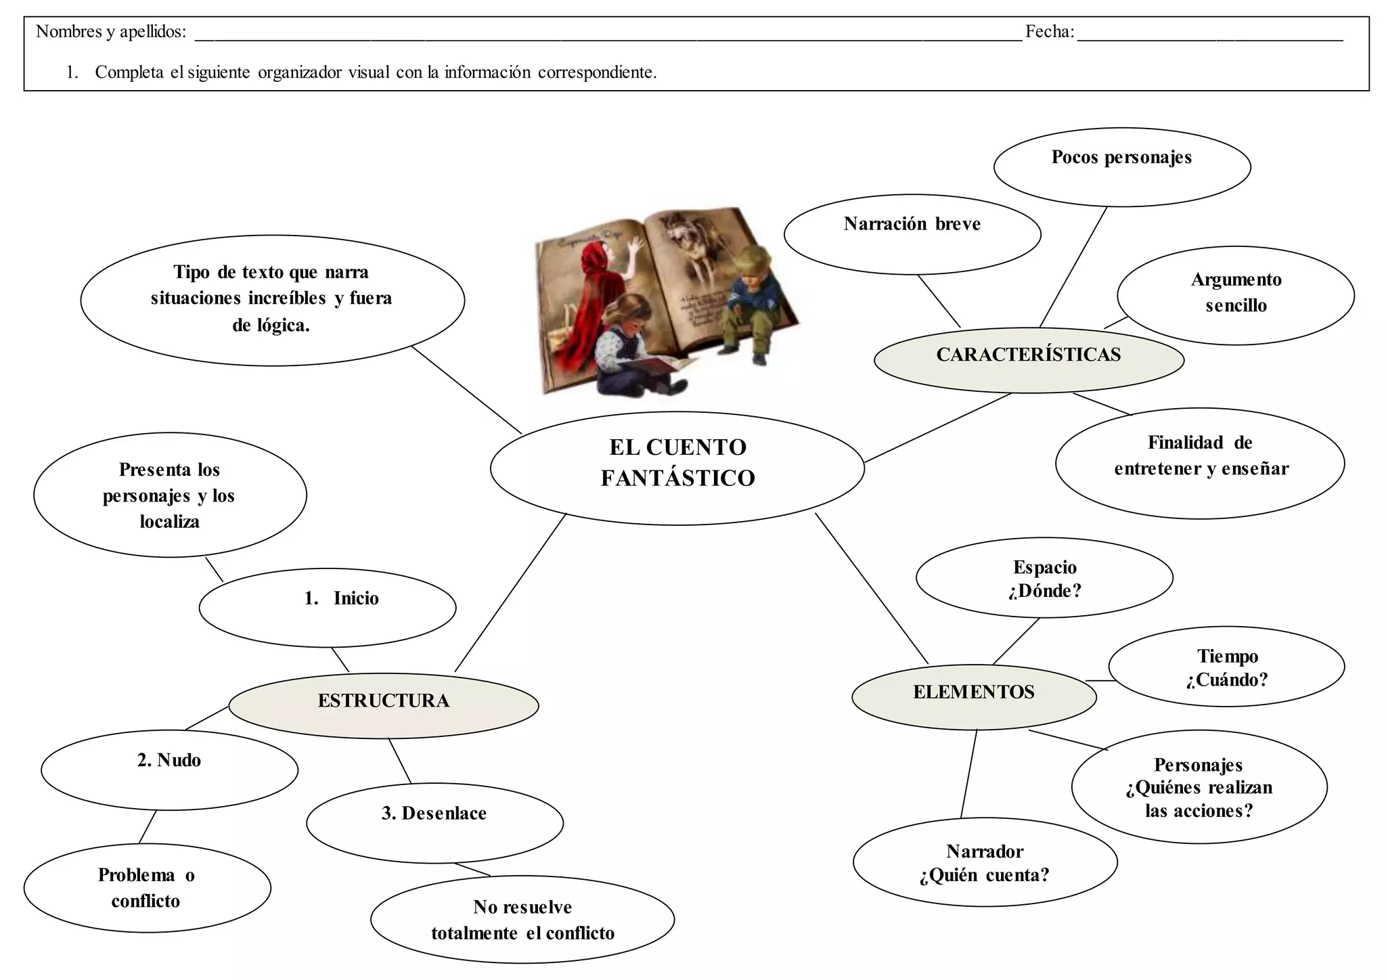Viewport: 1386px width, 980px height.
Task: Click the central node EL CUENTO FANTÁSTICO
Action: pos(677,467)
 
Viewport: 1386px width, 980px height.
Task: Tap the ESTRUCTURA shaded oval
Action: pos(384,704)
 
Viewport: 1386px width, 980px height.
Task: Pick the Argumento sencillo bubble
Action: pos(1235,294)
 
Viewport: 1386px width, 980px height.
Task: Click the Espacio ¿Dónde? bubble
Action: pos(1044,578)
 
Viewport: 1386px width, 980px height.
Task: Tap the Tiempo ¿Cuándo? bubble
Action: pos(1226,667)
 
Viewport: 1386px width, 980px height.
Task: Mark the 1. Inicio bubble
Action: pos(328,606)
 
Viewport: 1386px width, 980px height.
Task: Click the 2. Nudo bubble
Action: pos(169,769)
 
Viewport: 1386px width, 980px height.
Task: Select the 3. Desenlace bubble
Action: pos(434,822)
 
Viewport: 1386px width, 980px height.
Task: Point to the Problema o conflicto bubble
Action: pos(147,887)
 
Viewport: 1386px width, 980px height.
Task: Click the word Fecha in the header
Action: pos(1049,32)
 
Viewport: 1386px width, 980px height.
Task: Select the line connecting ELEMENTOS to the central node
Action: pos(872,589)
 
